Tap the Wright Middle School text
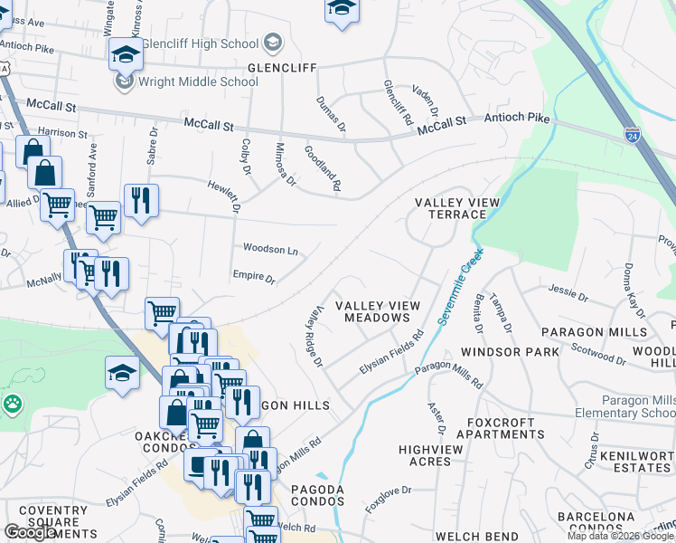point(198,81)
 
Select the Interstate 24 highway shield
point(633,135)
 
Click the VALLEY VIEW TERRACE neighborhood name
point(450,208)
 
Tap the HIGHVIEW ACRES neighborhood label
point(437,455)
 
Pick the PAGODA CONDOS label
point(317,495)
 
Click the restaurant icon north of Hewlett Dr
point(140,200)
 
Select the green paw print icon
point(12,403)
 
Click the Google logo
point(30,532)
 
